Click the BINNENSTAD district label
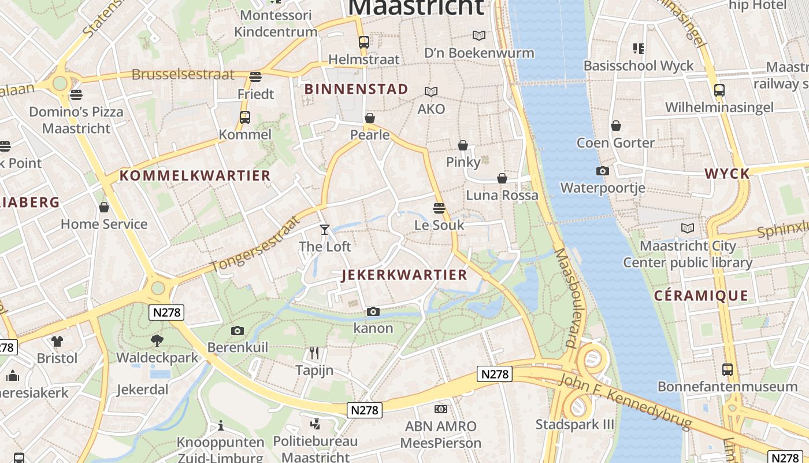tap(356, 89)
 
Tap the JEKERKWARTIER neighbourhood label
tap(404, 275)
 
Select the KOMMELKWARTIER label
tap(195, 176)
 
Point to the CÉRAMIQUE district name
tap(701, 296)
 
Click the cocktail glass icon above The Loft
tap(325, 230)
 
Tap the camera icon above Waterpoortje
tap(602, 171)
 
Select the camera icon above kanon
tap(373, 312)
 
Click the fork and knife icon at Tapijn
tap(314, 352)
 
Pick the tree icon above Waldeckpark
tap(157, 340)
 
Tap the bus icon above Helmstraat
tap(363, 42)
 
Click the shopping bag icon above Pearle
tap(370, 118)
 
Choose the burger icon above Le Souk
tap(439, 208)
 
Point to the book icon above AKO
tap(431, 91)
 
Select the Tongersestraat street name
tap(256, 244)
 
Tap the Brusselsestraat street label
tap(183, 75)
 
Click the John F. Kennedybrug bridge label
tap(625, 402)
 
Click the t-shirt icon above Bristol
tap(57, 341)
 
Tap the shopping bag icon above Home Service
tap(104, 207)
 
